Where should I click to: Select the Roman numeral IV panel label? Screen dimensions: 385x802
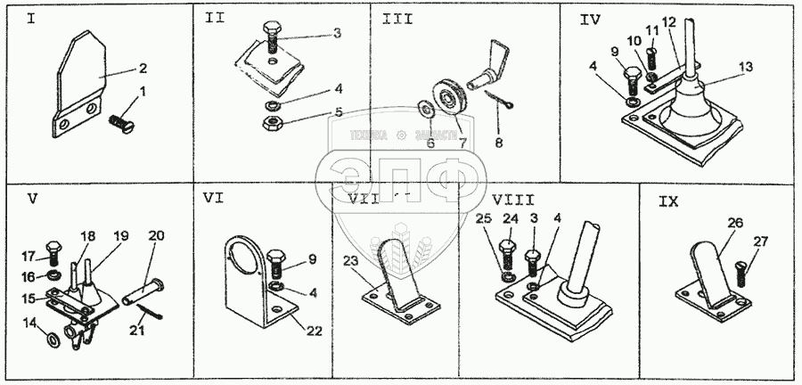(x=590, y=20)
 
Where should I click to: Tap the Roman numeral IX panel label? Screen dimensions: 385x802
(x=669, y=202)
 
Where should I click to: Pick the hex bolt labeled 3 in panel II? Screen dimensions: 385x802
(x=273, y=40)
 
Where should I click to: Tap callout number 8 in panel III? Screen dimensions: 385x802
(x=497, y=140)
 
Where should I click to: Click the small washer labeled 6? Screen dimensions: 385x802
(x=424, y=111)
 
